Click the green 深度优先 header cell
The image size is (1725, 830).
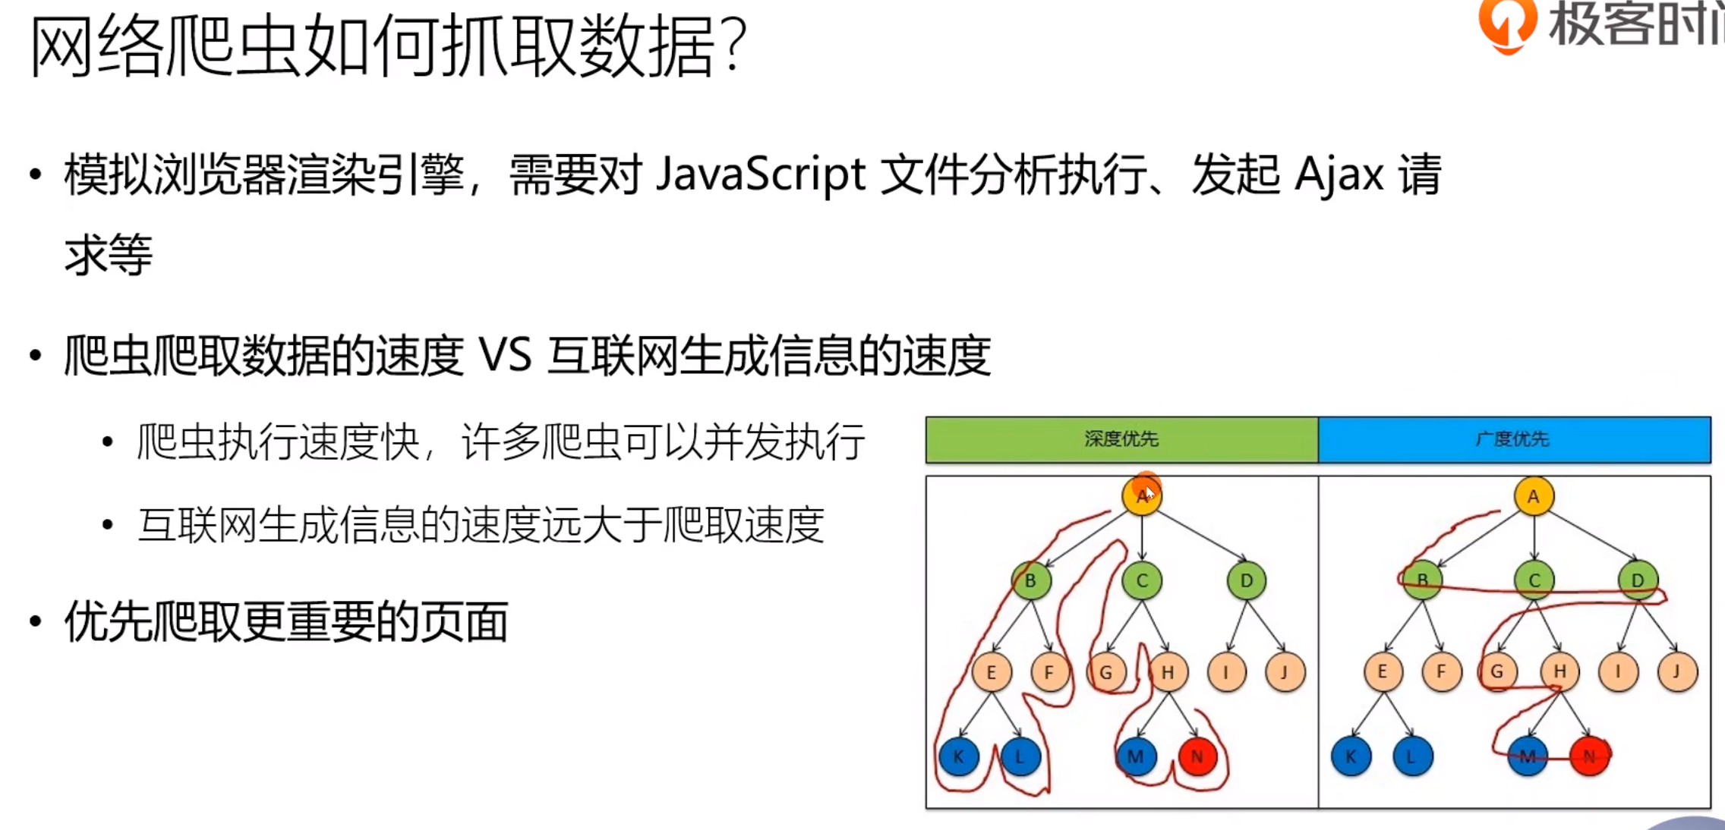[x=1121, y=439]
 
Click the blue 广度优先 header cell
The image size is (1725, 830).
[x=1514, y=439]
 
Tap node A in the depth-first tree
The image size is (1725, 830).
[x=1142, y=496]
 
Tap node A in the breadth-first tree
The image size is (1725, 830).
[x=1534, y=496]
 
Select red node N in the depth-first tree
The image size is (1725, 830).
[x=1197, y=756]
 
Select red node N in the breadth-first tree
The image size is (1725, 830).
[x=1589, y=756]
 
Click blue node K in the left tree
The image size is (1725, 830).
[x=958, y=756]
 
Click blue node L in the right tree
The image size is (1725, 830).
[x=1412, y=756]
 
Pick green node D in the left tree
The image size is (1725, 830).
[x=1246, y=581]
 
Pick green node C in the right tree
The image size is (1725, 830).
[x=1534, y=581]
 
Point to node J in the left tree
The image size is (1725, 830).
[x=1285, y=672]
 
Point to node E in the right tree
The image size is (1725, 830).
[x=1383, y=672]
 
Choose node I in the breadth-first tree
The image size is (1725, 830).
[x=1618, y=672]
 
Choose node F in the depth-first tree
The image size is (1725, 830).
[x=1049, y=672]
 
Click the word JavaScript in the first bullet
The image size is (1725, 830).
[x=760, y=174]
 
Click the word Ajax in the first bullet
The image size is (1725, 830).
[x=1339, y=174]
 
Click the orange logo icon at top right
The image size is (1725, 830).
[x=1507, y=24]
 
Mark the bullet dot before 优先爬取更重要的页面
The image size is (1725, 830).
[x=35, y=622]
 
